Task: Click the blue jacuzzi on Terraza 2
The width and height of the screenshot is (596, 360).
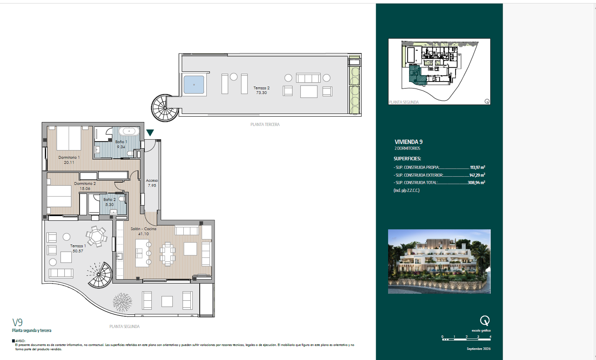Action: [x=194, y=85]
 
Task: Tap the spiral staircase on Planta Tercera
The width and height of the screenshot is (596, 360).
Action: [x=164, y=108]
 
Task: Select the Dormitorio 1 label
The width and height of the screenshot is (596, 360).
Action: [x=69, y=157]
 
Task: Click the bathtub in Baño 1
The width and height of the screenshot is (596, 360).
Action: [x=129, y=131]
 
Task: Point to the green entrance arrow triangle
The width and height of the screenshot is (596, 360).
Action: [x=150, y=132]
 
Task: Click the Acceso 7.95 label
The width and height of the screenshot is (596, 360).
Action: [x=152, y=183]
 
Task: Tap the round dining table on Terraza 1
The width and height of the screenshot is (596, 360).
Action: [x=97, y=236]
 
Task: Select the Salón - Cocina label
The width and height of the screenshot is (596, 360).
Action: [x=143, y=229]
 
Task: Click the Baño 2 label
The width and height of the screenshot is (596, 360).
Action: [x=109, y=200]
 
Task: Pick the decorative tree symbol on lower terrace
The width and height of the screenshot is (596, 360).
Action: [x=122, y=303]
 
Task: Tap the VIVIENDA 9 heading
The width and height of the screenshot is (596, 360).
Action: [x=408, y=142]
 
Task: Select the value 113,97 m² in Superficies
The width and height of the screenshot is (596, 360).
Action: [x=477, y=167]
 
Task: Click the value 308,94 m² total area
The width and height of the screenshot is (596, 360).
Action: [x=476, y=183]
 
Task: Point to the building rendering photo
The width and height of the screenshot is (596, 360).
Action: [x=439, y=261]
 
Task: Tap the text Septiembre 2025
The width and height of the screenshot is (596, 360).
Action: [x=478, y=349]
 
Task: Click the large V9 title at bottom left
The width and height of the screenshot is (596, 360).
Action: [x=17, y=322]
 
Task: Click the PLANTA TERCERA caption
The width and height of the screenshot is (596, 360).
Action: [x=265, y=125]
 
